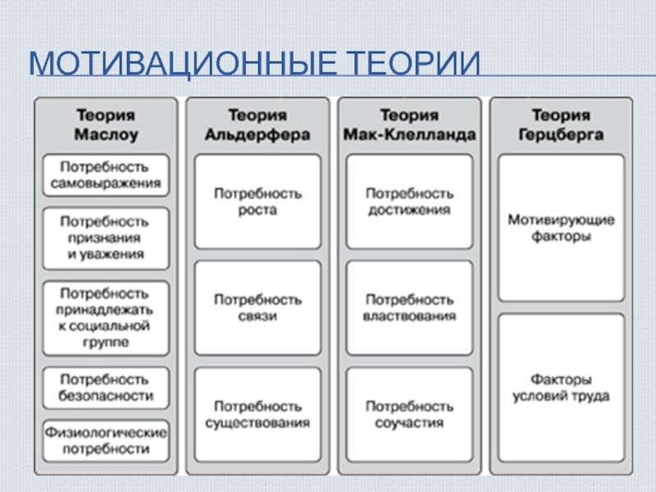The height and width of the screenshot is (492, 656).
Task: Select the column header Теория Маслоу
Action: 106,125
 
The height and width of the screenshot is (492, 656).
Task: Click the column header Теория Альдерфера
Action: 257,125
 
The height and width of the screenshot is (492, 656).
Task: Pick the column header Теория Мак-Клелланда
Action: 409,125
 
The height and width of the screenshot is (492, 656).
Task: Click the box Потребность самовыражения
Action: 106,175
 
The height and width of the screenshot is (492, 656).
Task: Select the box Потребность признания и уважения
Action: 106,239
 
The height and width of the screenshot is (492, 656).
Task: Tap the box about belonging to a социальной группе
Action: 106,318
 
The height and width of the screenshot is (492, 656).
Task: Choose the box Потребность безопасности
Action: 106,388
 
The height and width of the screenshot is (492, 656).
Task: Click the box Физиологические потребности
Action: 106,439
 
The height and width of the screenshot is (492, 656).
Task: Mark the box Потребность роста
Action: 257,202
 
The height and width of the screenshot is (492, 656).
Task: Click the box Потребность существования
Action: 257,414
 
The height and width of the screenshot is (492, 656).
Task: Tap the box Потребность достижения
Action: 409,202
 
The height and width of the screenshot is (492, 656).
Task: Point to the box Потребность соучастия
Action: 409,414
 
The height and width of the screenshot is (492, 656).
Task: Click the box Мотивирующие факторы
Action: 561,228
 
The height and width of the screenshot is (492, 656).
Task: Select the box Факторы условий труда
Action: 561,388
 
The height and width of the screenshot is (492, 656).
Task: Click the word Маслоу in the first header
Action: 106,134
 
